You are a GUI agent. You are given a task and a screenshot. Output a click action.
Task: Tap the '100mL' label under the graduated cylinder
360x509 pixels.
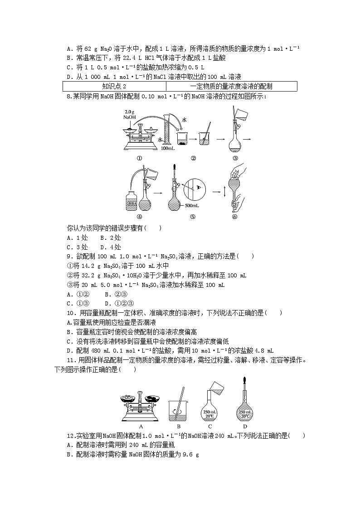coord(168,148)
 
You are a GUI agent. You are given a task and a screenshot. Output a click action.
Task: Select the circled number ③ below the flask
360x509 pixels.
coord(235,158)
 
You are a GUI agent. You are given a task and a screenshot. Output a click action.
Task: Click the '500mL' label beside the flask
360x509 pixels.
coord(191,206)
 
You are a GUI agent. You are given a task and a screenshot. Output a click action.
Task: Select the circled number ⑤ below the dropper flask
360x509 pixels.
coord(192,217)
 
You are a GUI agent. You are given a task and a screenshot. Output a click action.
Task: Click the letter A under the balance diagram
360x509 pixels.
coord(141,427)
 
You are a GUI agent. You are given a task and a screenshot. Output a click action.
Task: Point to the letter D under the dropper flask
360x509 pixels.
coord(245,427)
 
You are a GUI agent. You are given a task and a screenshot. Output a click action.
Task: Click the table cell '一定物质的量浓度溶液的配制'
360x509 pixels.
coord(231,86)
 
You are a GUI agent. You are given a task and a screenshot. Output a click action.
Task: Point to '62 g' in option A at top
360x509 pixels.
coord(90,48)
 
